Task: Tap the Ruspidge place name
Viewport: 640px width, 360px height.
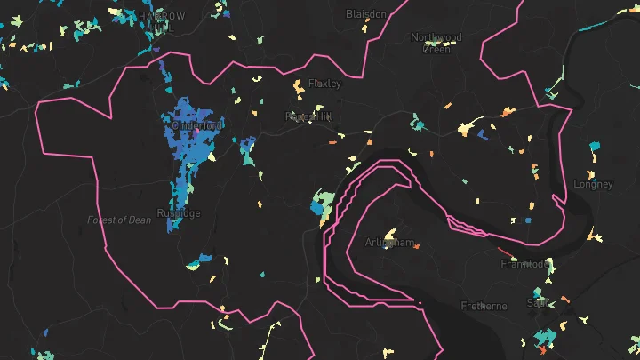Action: [179, 213]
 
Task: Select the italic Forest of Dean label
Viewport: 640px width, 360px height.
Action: [119, 220]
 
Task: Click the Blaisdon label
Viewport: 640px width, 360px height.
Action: [366, 14]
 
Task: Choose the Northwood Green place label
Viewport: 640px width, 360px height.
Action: [436, 43]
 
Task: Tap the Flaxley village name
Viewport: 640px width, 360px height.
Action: [324, 84]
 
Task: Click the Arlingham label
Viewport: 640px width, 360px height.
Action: [389, 242]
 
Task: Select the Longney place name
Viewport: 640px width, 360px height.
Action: [593, 184]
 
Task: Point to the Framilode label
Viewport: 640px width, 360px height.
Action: [524, 264]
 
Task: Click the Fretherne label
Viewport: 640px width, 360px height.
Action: [484, 306]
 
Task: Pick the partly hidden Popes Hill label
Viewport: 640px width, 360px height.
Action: [308, 116]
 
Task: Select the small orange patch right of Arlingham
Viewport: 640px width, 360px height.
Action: [415, 246]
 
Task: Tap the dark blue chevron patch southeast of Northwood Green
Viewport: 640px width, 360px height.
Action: [481, 134]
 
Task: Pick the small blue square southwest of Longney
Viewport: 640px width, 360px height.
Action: [528, 218]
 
